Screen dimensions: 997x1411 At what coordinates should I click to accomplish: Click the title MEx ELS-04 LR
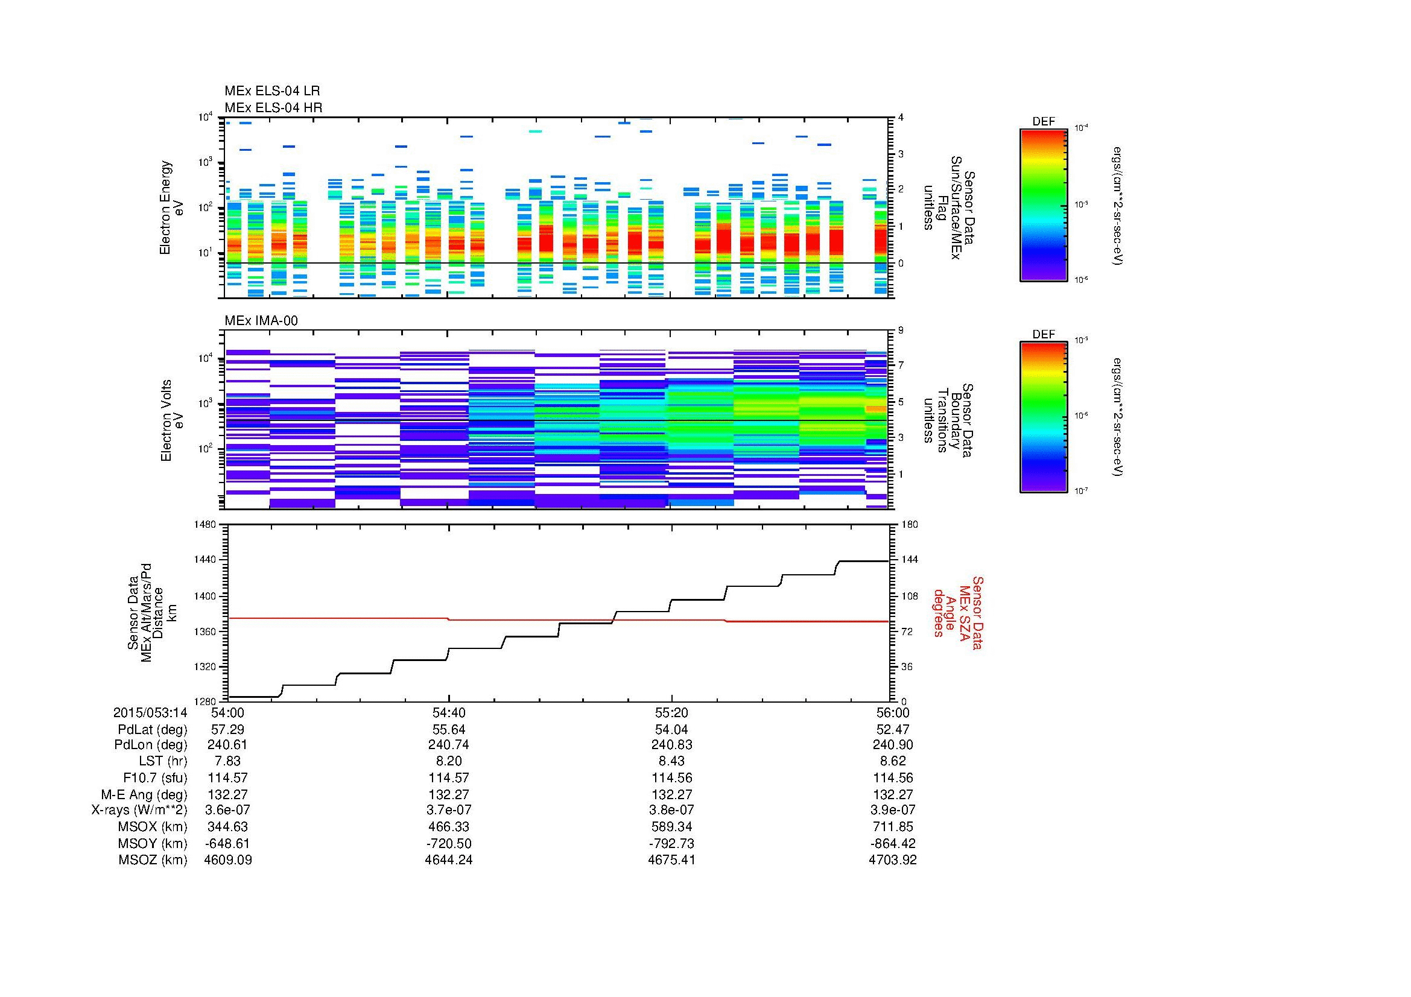click(272, 91)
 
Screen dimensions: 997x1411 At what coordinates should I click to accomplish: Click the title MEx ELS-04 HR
click(273, 107)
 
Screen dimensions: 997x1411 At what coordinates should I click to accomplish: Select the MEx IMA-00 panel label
click(261, 321)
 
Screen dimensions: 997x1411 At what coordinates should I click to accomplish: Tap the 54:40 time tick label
click(449, 712)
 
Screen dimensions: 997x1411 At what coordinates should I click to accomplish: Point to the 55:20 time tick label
click(671, 712)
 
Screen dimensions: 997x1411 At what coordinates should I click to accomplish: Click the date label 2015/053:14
click(150, 712)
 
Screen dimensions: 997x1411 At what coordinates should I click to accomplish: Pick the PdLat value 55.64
click(449, 729)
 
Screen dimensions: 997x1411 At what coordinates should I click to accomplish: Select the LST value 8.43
click(671, 761)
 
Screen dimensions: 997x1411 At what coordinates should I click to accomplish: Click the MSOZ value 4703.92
click(892, 860)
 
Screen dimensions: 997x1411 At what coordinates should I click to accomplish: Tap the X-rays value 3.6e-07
click(227, 810)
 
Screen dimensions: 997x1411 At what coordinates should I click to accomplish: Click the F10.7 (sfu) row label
click(154, 777)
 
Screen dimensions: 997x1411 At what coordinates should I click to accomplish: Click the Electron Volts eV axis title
click(172, 420)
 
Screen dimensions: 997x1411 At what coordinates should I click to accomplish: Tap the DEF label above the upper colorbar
click(1044, 122)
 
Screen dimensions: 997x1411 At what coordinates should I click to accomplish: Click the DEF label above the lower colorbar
click(1044, 334)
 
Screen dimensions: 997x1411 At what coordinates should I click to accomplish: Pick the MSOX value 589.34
click(671, 827)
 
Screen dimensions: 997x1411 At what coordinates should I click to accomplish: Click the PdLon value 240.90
click(892, 744)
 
